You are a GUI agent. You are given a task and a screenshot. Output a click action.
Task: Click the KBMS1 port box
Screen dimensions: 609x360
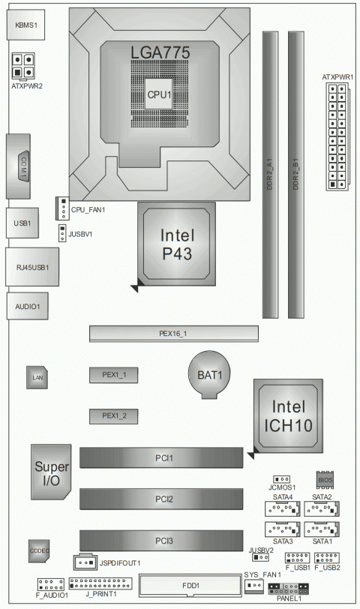25,25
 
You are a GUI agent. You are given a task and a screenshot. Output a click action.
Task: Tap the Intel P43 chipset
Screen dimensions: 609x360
176,244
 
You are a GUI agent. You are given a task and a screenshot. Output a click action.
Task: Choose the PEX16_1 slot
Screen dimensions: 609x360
173,334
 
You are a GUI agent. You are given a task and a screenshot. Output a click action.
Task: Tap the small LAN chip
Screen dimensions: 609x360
37,379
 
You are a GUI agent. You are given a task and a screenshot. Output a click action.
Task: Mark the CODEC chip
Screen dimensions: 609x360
40,550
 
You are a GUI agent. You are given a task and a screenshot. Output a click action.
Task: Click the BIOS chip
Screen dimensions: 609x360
324,478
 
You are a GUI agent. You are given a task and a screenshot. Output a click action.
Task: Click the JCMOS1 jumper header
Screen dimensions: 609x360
282,478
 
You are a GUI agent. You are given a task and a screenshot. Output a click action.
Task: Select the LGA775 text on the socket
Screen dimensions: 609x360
159,53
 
